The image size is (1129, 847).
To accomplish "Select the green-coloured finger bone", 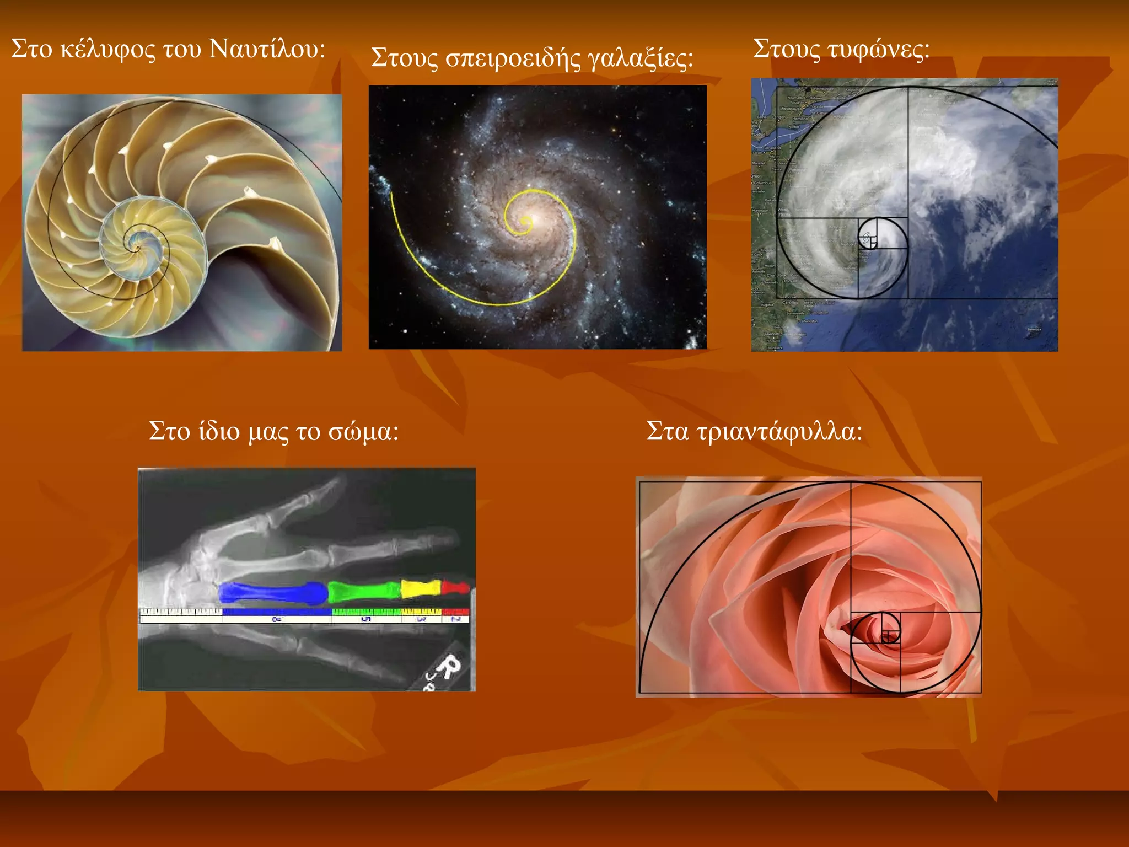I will [x=364, y=591].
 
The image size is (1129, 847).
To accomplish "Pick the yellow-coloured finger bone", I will [x=420, y=588].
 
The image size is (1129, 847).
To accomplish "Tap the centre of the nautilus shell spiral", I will [x=136, y=248].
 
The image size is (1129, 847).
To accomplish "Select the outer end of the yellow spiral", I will [x=392, y=194].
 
